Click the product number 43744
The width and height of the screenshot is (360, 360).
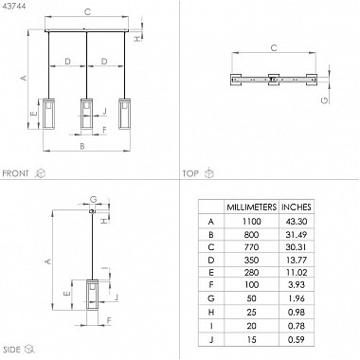coord(14,6)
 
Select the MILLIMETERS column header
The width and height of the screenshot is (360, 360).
coord(251,207)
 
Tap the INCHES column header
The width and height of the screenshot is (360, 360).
coord(297,207)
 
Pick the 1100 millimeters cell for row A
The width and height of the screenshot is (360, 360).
coord(251,221)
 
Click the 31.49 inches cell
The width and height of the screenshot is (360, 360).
coord(297,235)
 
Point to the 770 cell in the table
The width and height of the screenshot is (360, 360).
coord(251,247)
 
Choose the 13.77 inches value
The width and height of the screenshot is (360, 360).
coord(297,260)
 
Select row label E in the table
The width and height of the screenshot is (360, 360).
coord(211,272)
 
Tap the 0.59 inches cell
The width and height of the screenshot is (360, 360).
coord(297,339)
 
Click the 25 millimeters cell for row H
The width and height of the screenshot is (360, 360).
coord(251,312)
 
